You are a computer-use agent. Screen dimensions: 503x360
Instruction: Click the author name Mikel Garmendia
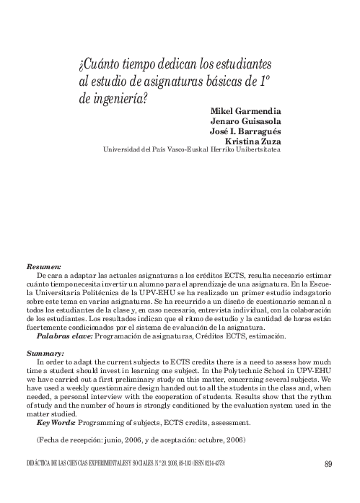coord(245,113)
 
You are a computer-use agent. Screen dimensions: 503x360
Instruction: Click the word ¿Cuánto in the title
coord(101,63)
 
